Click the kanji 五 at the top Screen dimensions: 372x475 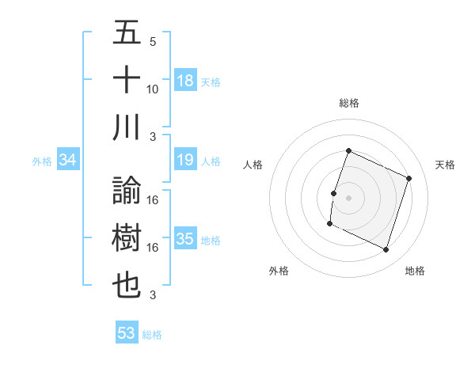tap(127, 34)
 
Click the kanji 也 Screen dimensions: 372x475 tap(127, 285)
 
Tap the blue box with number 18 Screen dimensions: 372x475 tap(185, 81)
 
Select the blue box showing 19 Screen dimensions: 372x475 tap(185, 161)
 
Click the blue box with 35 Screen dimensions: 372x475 tap(185, 239)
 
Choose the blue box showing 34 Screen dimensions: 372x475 tap(68, 161)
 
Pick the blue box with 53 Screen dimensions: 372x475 tap(127, 333)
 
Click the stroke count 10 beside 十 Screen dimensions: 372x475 tap(153, 89)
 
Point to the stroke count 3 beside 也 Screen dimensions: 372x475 tap(153, 295)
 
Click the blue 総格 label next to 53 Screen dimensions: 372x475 tap(152, 335)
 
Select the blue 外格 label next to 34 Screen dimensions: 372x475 tap(42, 161)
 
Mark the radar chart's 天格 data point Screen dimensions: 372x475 tap(409, 178)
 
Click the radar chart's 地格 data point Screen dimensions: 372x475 tap(386, 250)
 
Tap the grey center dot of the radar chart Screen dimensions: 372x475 tap(348, 198)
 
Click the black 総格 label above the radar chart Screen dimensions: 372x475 tap(348, 103)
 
